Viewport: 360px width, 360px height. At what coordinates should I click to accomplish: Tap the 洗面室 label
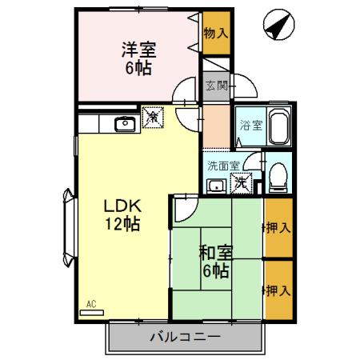tap(222, 166)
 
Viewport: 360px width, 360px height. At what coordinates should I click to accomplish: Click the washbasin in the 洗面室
tap(214, 186)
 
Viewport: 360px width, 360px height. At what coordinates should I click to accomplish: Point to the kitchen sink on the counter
tap(125, 123)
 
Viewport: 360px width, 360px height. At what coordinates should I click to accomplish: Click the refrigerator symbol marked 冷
tap(151, 118)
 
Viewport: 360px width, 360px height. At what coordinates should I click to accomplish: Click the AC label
tap(91, 304)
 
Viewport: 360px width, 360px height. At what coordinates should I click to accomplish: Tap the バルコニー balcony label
tap(185, 337)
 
